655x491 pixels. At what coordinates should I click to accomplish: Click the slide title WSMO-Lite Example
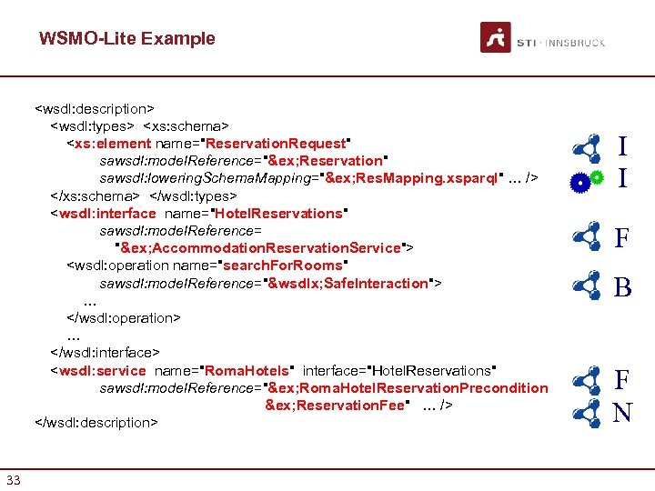(126, 38)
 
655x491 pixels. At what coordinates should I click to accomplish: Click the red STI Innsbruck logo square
(495, 37)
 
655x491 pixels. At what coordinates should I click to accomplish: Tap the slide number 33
(14, 479)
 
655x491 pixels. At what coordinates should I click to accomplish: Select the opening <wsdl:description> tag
(95, 108)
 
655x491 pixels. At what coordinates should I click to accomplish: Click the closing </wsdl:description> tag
(96, 422)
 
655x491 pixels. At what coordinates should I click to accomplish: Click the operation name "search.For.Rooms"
(282, 266)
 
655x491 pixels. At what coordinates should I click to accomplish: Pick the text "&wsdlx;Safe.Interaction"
(348, 283)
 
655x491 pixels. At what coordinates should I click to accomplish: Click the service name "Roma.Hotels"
(246, 370)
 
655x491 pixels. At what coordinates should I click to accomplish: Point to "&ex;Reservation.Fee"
(338, 405)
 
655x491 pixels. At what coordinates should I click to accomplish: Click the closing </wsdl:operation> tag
(124, 317)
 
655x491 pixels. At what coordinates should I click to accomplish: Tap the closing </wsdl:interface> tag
(106, 352)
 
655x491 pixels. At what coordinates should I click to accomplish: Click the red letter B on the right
(622, 288)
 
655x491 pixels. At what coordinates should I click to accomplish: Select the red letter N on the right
(622, 414)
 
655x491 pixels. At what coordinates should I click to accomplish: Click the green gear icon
(597, 176)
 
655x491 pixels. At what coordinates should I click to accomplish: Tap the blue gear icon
(579, 183)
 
